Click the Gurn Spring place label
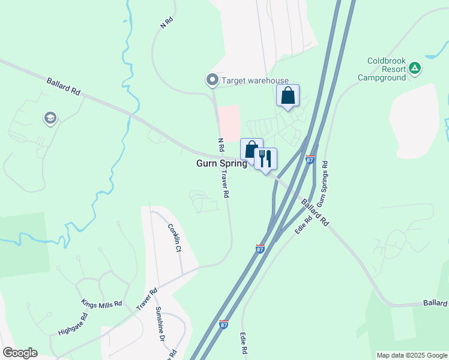coord(221,163)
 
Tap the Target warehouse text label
coord(255,80)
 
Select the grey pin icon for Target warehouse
coord(212,80)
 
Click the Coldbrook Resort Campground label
coord(388,69)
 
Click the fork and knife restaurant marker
coord(265,159)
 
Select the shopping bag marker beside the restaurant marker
coord(252,149)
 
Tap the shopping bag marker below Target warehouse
coord(288,95)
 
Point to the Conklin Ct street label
coord(174,238)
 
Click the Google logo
coord(20,353)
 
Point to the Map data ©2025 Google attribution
coord(411,355)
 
